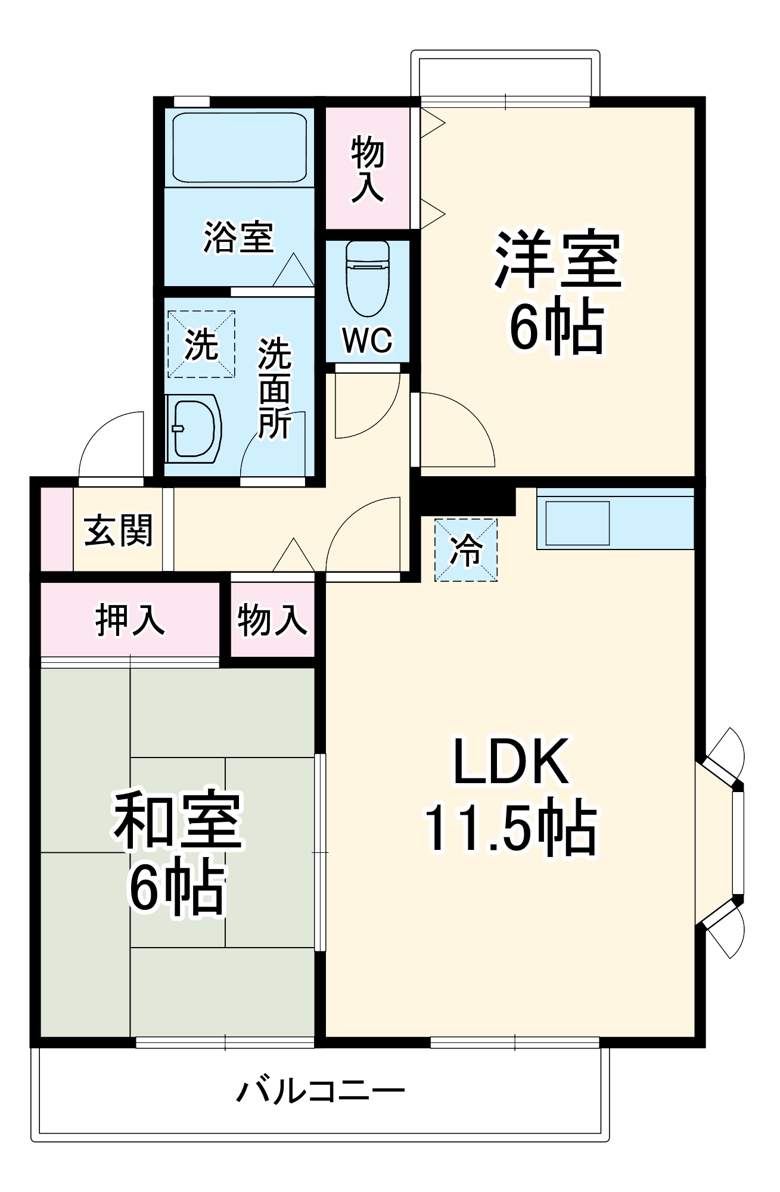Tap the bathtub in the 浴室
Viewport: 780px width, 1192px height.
[x=240, y=149]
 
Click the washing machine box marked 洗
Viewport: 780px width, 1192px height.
[x=201, y=344]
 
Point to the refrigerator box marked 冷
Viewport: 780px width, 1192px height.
[x=465, y=550]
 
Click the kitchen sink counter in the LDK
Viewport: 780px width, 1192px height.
[x=615, y=518]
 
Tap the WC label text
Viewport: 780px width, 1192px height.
[x=368, y=340]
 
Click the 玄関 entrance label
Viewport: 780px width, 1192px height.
[x=119, y=530]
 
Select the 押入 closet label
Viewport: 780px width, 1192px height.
[x=130, y=620]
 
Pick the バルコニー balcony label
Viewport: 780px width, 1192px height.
[x=321, y=1092]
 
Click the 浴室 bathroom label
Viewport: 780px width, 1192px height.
[x=238, y=237]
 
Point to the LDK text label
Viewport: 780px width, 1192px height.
[x=511, y=762]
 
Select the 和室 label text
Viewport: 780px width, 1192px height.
[x=178, y=821]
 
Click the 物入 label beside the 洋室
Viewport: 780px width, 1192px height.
[x=368, y=169]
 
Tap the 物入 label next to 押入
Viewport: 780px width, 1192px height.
[x=272, y=620]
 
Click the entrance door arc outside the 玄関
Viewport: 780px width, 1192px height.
[x=110, y=444]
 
